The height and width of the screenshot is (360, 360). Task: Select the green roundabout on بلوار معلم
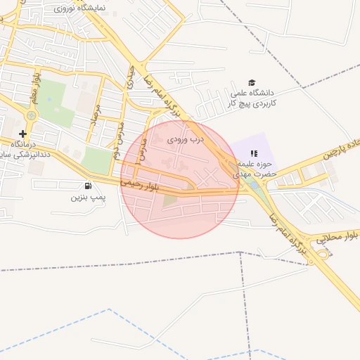click(x=30, y=115)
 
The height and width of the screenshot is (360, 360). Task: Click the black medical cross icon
click(x=23, y=134)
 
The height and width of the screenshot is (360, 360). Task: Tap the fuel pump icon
click(x=87, y=186)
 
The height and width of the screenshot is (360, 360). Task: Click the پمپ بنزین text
click(x=87, y=198)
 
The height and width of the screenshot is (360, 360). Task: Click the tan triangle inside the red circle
click(x=170, y=201)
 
